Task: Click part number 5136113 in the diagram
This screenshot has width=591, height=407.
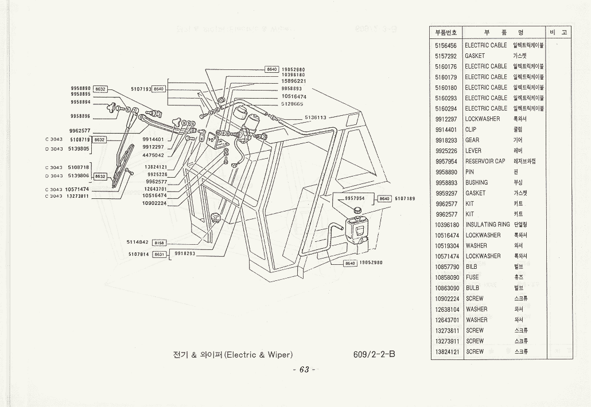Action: [315, 118]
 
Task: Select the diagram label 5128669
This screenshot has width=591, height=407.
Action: [293, 104]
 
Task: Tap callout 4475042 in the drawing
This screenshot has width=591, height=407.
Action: [154, 155]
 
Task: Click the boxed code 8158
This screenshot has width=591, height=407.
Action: [158, 242]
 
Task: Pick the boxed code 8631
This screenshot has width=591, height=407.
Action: [160, 253]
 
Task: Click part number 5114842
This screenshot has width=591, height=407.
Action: [138, 242]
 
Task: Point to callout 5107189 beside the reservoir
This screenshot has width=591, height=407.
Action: [405, 198]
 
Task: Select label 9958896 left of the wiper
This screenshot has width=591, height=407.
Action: [80, 116]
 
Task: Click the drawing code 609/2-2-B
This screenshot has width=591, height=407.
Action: [375, 354]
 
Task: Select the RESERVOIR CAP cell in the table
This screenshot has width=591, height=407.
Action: [485, 162]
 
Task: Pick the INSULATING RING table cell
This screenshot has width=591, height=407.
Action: [488, 225]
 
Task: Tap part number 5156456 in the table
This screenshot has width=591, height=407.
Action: [446, 45]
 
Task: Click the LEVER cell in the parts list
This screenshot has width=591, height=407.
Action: [473, 151]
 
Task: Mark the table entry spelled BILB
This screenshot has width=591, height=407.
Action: [472, 267]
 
